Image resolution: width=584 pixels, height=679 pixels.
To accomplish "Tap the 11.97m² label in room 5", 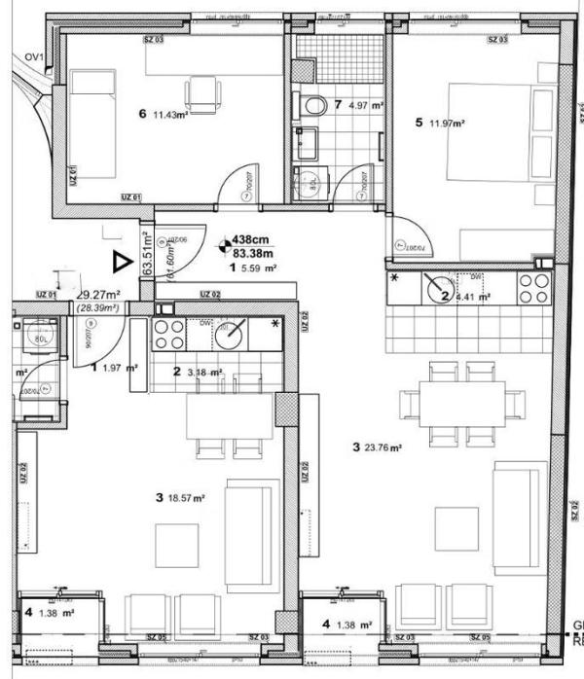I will pos(446,124).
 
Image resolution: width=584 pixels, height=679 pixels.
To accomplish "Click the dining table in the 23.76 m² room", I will pos(461,402).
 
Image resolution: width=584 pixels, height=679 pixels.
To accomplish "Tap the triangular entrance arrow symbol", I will pos(120,261).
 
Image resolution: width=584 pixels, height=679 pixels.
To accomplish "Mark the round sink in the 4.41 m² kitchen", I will pos(437,288).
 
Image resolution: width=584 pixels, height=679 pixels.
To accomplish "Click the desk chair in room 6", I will pos(202,93).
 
